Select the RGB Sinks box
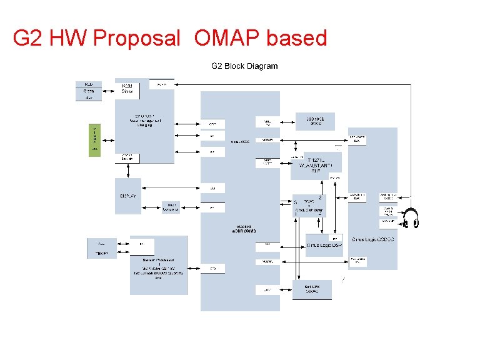click(127, 89)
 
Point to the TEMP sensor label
click(101, 253)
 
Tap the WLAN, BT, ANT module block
click(316, 166)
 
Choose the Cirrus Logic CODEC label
click(372, 239)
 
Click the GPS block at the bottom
click(312, 289)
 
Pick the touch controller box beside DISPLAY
click(171, 207)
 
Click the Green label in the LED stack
click(89, 91)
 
